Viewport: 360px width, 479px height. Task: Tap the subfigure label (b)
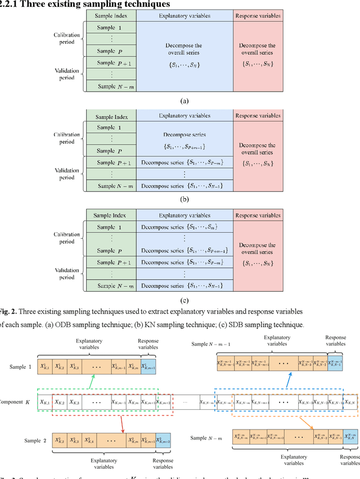[x=184, y=198]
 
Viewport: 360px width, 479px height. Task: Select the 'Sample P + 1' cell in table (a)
[x=111, y=63]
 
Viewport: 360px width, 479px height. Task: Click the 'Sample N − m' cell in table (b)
[x=111, y=186]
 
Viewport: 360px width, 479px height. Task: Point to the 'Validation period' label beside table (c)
[x=67, y=273]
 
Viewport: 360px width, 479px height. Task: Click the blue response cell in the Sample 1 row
[x=148, y=366]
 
